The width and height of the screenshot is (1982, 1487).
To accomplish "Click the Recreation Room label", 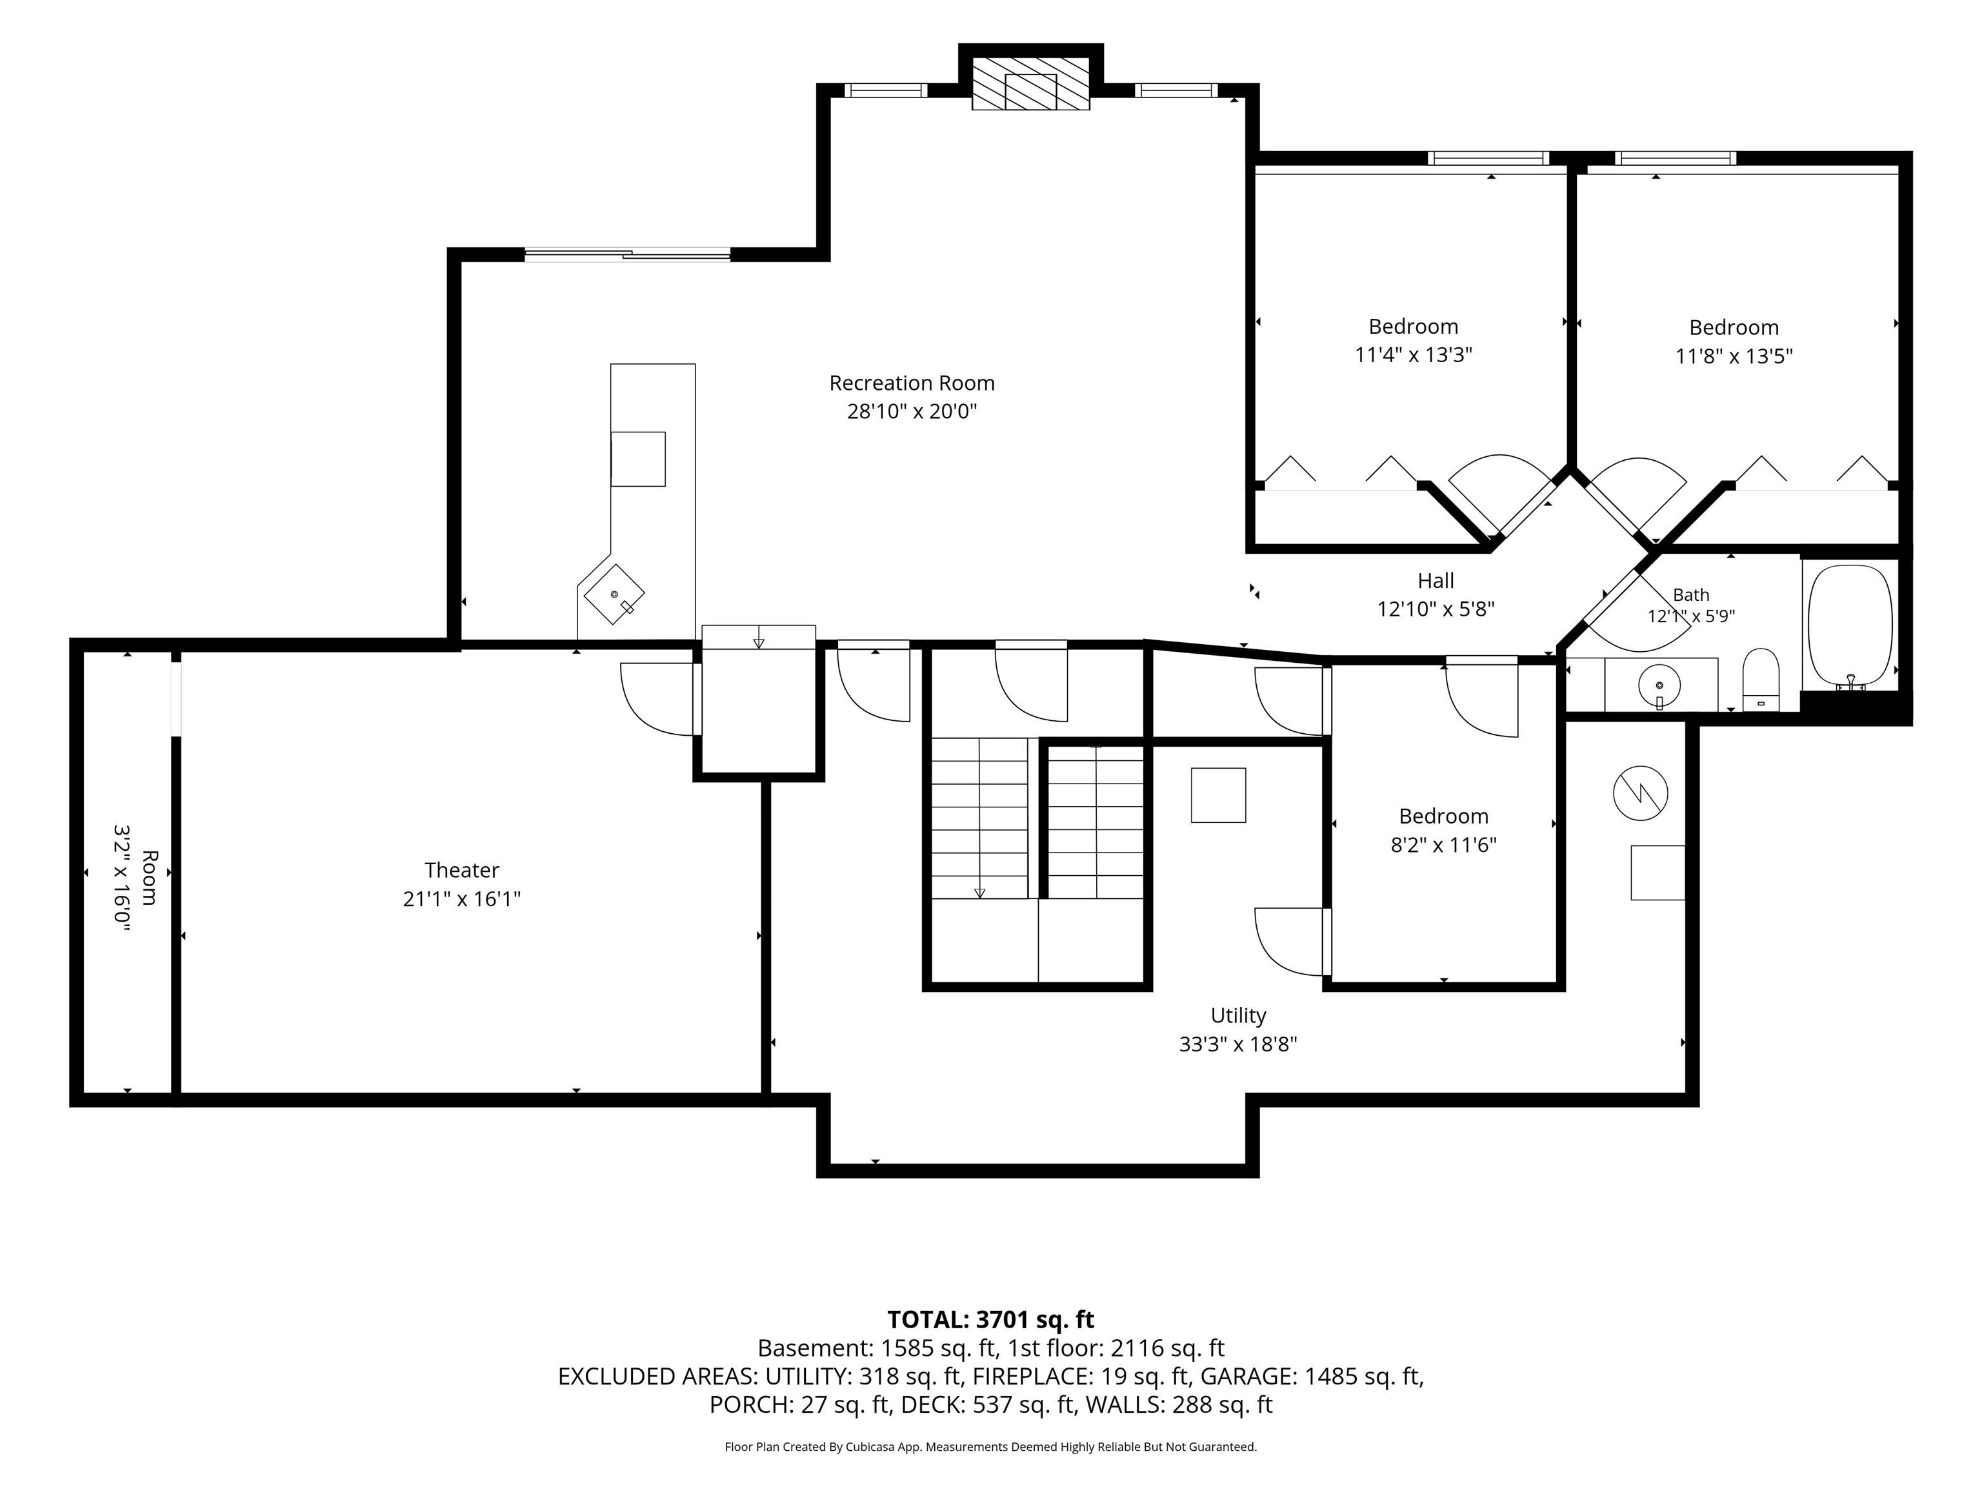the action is pyautogui.click(x=911, y=383).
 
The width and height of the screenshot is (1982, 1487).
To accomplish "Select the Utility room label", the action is pyautogui.click(x=1238, y=1015).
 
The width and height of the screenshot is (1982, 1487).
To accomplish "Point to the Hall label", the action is pyautogui.click(x=1436, y=580).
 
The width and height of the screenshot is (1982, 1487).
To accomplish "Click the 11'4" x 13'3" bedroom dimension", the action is pyautogui.click(x=1413, y=355).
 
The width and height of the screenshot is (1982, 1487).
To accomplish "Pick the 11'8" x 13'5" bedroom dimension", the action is pyautogui.click(x=1734, y=356).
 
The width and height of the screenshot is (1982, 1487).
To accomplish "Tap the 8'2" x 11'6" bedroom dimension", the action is pyautogui.click(x=1443, y=844).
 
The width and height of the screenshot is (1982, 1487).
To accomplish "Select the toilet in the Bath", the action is pyautogui.click(x=1761, y=680).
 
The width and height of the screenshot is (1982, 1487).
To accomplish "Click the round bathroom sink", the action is pyautogui.click(x=1659, y=685).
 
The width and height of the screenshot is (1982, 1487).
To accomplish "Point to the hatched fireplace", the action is pyautogui.click(x=1030, y=85).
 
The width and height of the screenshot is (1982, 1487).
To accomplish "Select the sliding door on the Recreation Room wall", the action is pyautogui.click(x=627, y=254).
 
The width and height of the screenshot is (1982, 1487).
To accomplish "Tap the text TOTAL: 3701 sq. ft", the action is pyautogui.click(x=990, y=1319).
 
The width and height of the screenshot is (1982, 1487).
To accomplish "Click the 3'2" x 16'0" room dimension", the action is pyautogui.click(x=122, y=879).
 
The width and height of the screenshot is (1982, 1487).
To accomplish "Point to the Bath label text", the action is pyautogui.click(x=1691, y=594).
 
